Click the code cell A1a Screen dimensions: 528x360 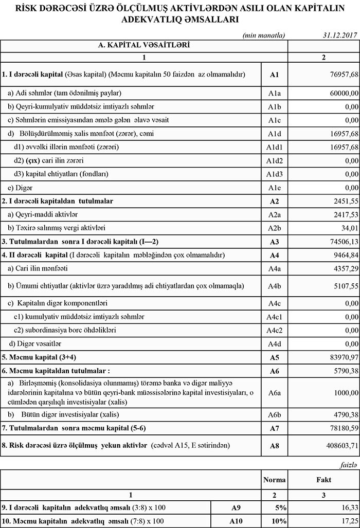click(x=274, y=93)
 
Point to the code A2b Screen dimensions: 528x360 click(x=274, y=228)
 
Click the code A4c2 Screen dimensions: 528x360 click(x=274, y=330)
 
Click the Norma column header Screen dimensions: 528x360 click(x=274, y=480)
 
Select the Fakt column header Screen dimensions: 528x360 click(x=323, y=480)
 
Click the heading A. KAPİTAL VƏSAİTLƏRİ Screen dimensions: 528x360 click(x=144, y=45)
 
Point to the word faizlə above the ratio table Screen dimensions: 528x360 click(x=348, y=464)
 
